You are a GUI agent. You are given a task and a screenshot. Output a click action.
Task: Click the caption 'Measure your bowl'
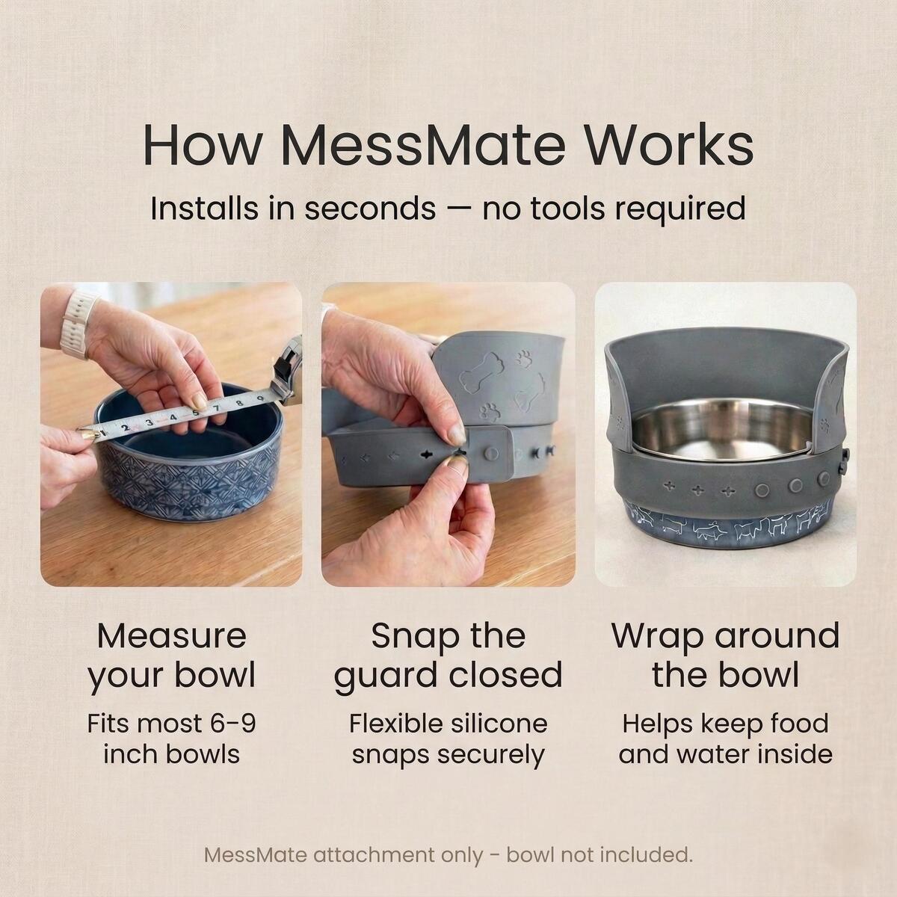pyautogui.click(x=171, y=656)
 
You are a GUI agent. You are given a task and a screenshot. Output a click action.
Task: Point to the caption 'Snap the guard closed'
pyautogui.click(x=449, y=656)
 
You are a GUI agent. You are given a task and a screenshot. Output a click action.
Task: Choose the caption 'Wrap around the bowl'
pyautogui.click(x=725, y=656)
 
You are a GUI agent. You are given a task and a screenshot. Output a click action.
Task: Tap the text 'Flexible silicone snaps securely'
pyautogui.click(x=449, y=740)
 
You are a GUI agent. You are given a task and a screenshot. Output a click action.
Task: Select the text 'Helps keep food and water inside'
pyautogui.click(x=725, y=740)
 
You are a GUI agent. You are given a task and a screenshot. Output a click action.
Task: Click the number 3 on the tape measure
pyautogui.click(x=149, y=422)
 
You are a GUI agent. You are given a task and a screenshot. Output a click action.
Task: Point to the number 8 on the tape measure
pyautogui.click(x=238, y=403)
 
